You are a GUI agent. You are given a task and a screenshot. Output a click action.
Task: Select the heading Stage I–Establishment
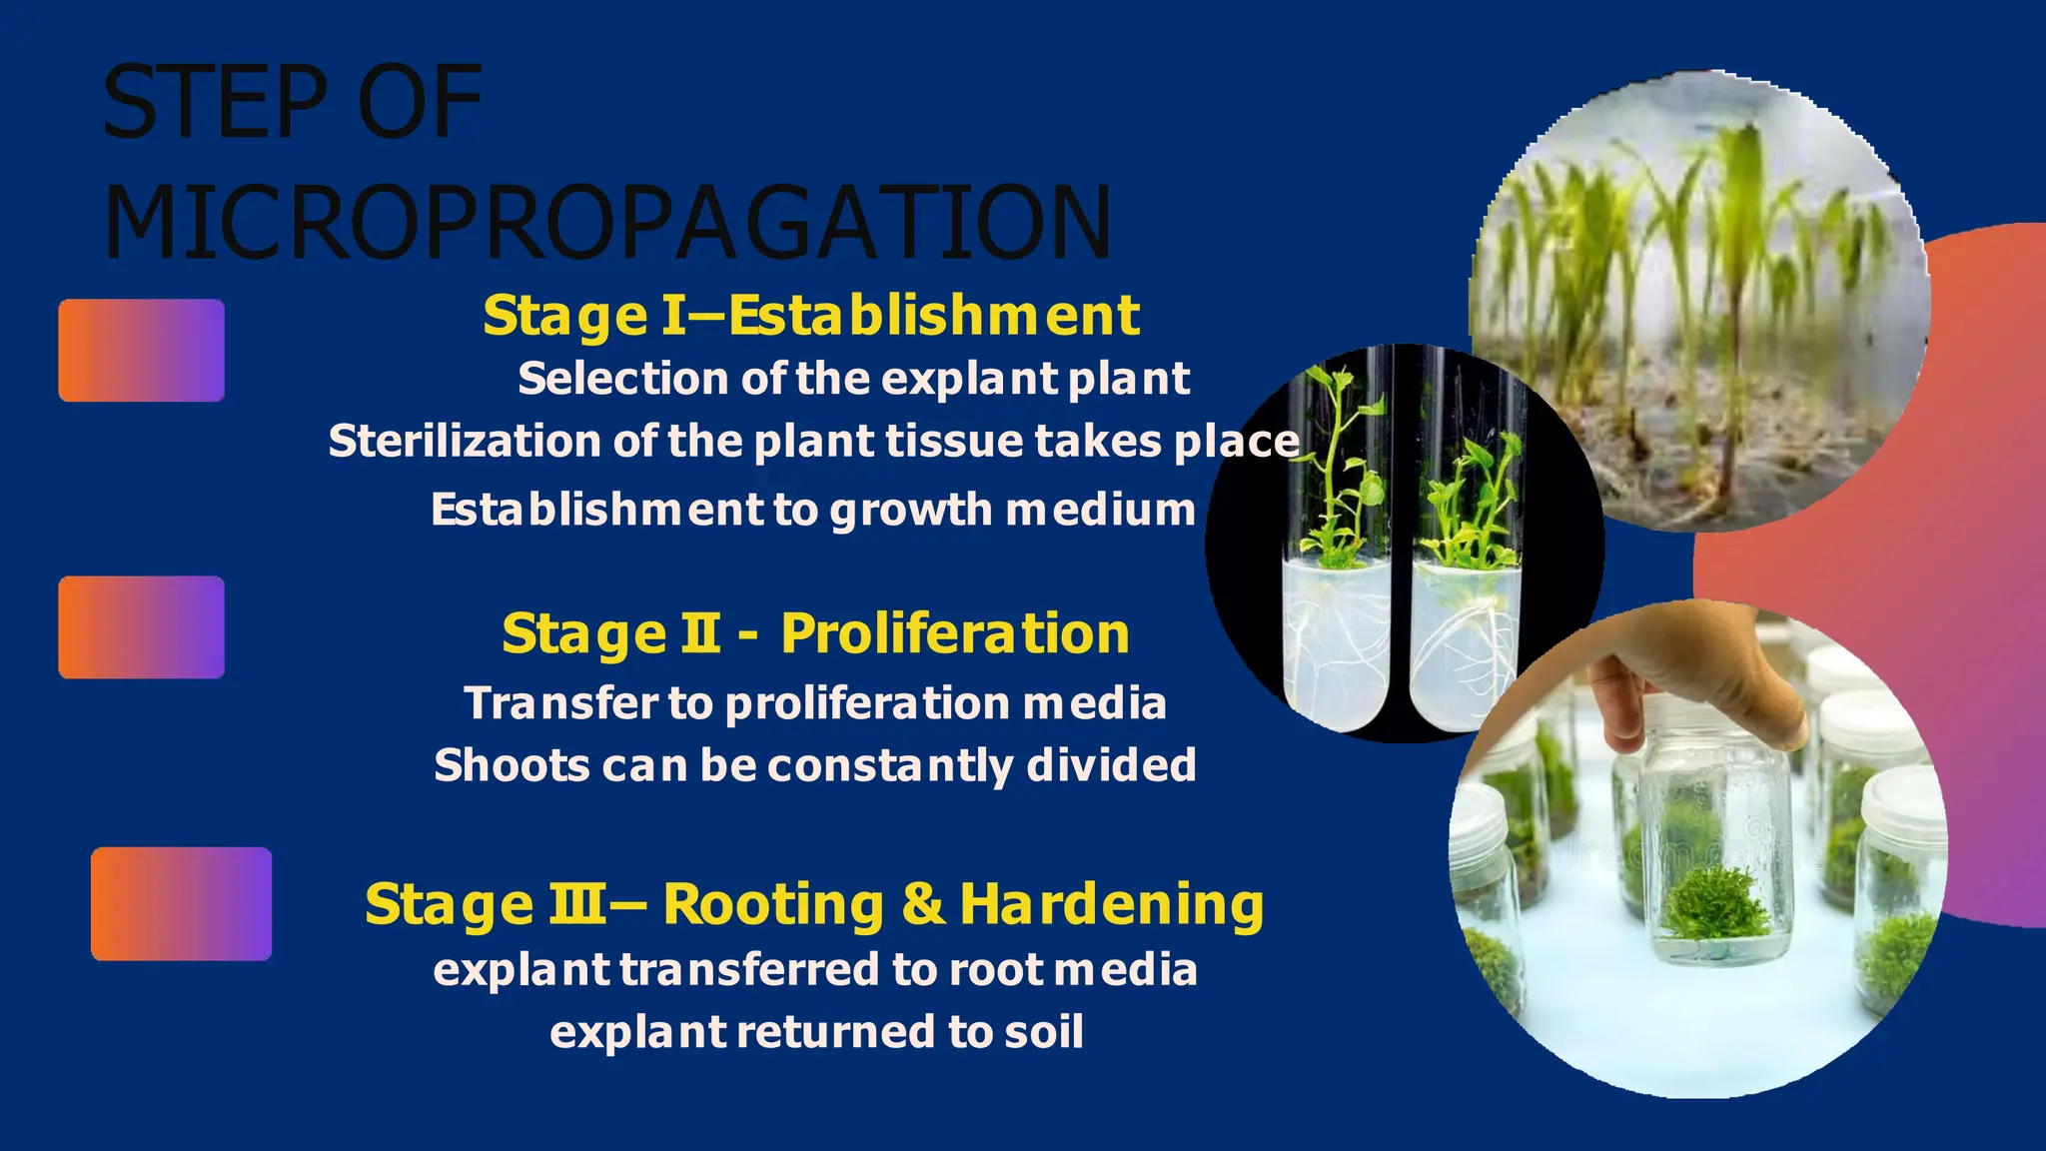[x=810, y=316]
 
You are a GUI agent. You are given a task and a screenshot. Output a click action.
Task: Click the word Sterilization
[x=464, y=442]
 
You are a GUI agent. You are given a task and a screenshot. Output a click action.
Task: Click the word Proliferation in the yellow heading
[x=954, y=633]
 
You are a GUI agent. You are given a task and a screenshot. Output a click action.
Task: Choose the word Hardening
[x=1111, y=904]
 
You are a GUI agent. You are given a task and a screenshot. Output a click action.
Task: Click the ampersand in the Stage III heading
[x=923, y=904]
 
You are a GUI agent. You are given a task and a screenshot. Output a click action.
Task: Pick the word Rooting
[x=773, y=904]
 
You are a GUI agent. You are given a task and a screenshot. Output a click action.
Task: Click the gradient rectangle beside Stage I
[x=141, y=351]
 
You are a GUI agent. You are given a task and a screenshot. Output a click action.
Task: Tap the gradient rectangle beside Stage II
[x=141, y=627]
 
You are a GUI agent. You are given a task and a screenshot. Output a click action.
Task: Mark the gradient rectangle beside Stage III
[x=181, y=904]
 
